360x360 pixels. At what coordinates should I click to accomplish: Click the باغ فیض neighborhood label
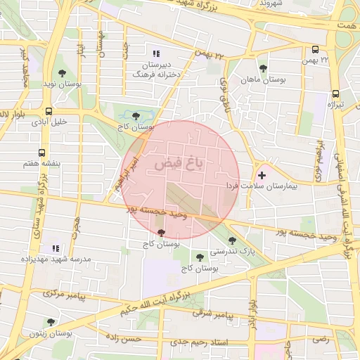pos(179,164)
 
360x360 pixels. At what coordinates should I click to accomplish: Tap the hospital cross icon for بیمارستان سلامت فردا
pos(262,174)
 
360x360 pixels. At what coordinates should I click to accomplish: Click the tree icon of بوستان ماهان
pos(263,69)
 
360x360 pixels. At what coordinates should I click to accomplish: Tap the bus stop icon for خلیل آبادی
pos(48,111)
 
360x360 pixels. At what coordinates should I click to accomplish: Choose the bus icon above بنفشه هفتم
pos(41,152)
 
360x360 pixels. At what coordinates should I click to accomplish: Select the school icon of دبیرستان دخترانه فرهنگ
pos(156,53)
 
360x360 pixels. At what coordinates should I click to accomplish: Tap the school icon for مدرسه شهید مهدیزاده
pos(55,248)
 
